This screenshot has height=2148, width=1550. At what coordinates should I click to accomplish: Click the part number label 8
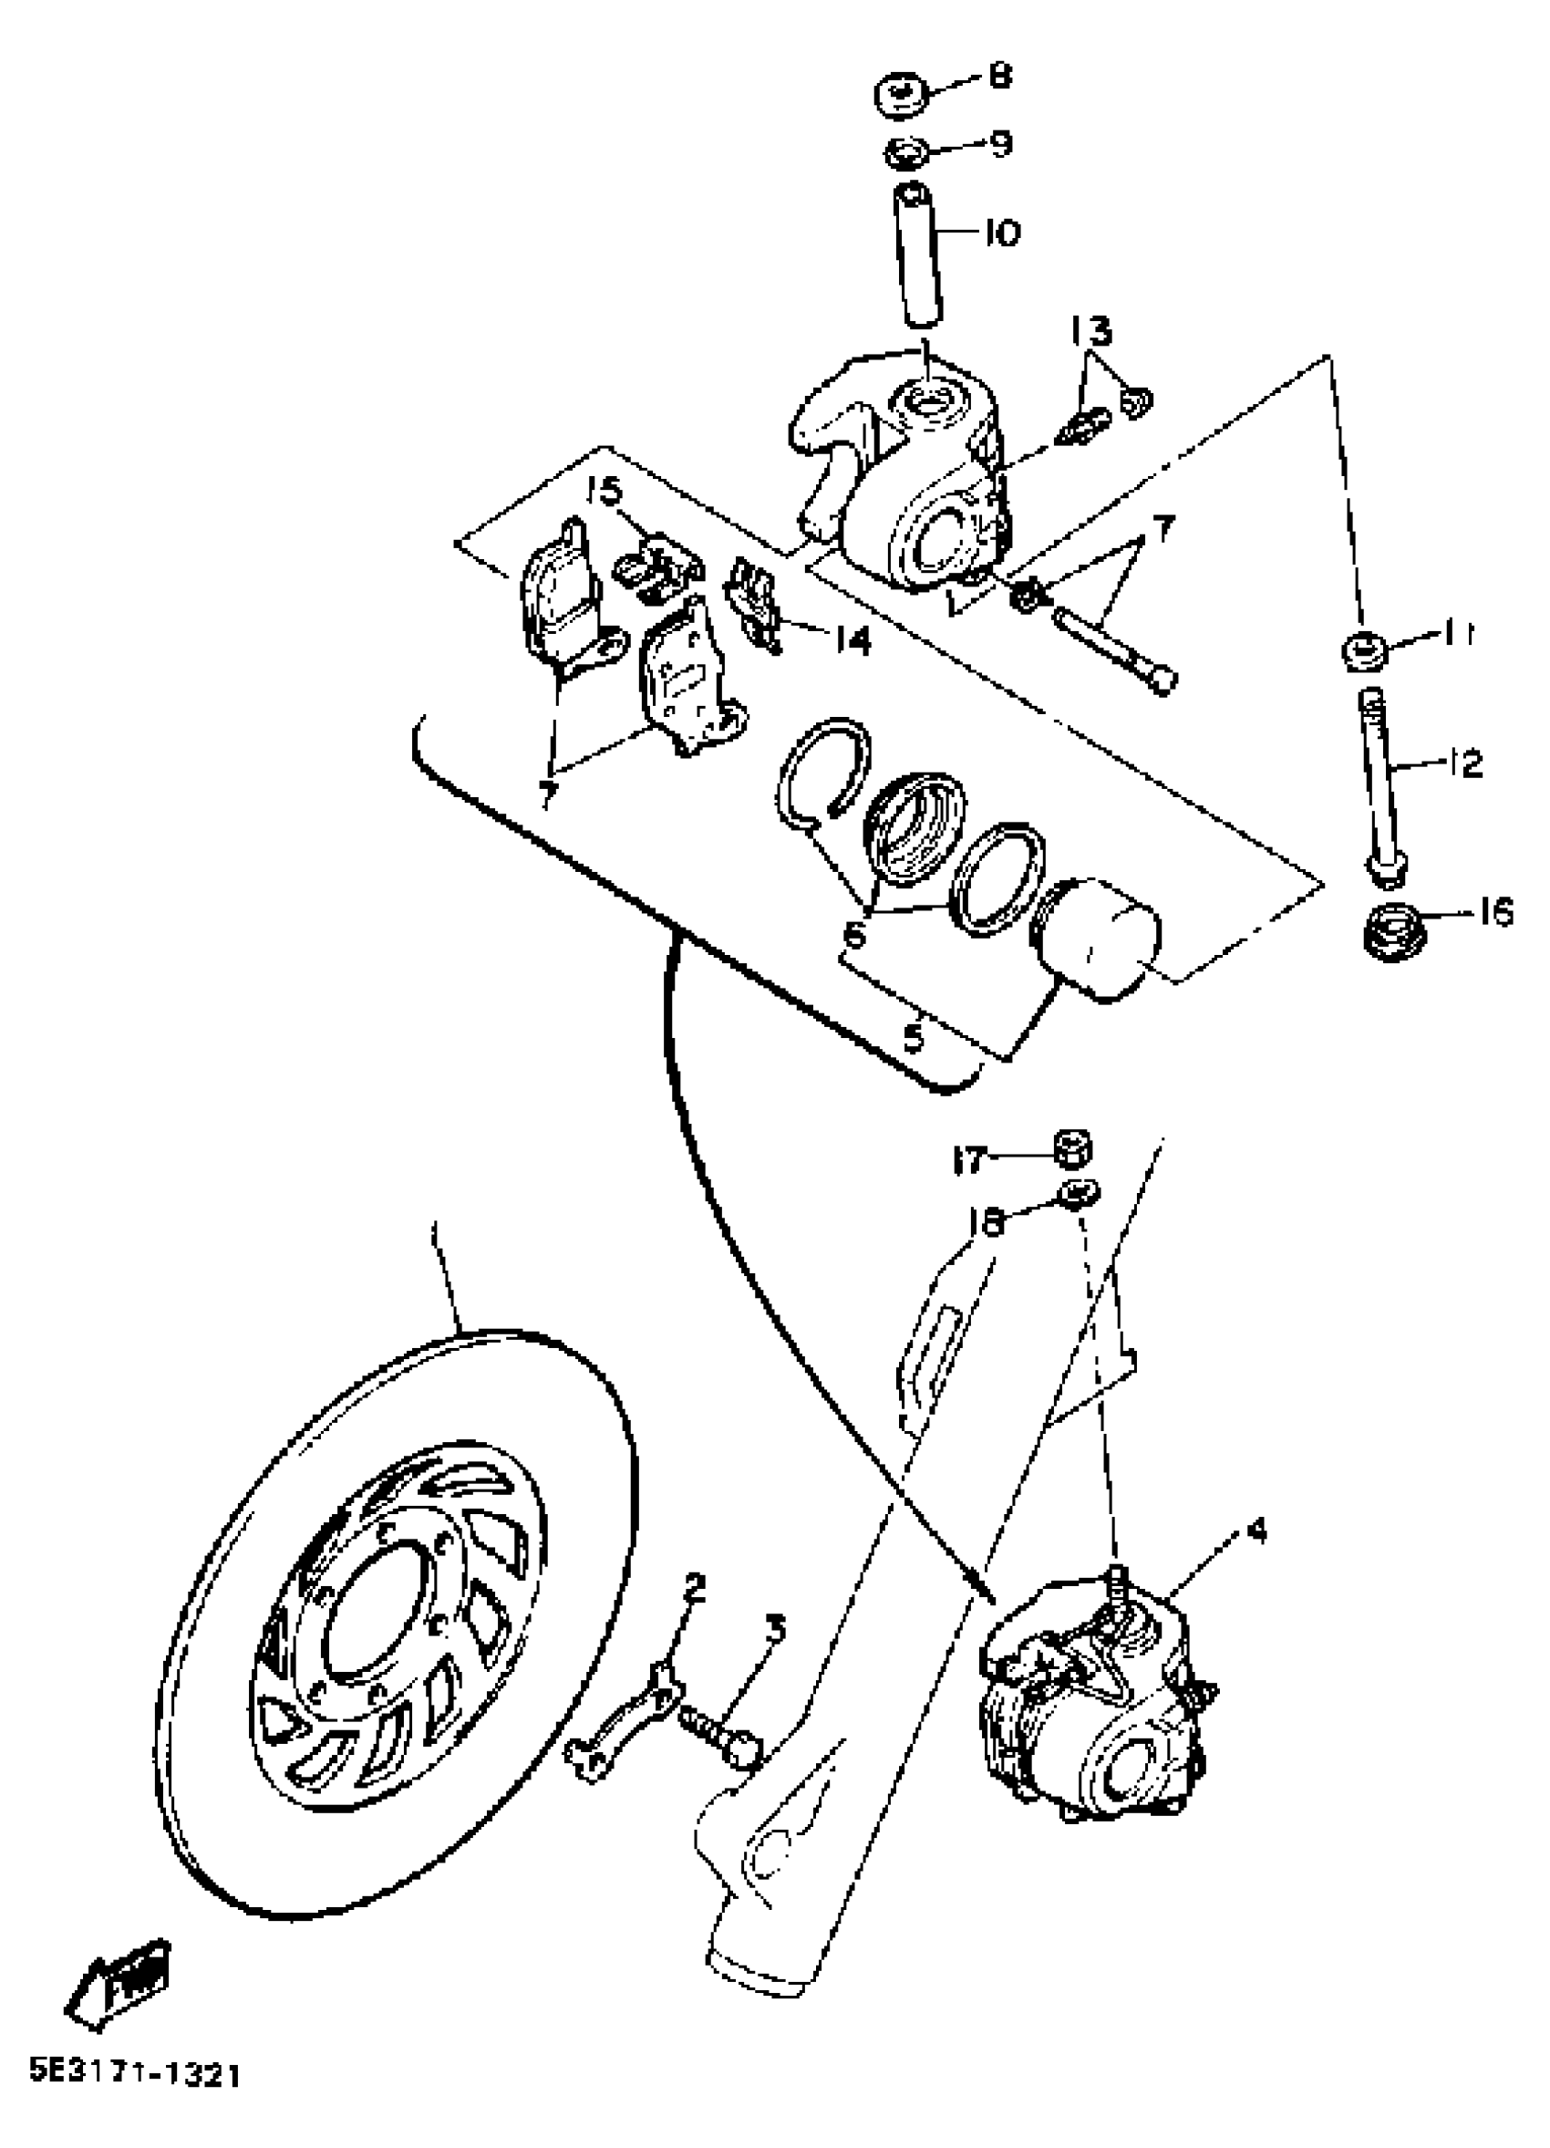click(x=998, y=76)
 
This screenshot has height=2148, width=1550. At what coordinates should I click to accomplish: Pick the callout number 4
click(x=1256, y=1531)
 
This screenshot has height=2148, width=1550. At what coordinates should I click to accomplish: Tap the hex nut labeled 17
click(x=1072, y=1150)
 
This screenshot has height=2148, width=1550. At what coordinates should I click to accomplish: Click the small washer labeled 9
click(x=907, y=151)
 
